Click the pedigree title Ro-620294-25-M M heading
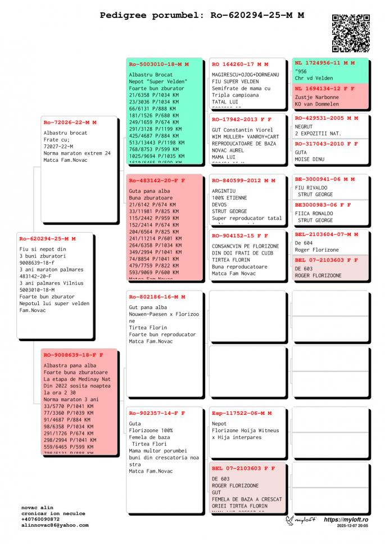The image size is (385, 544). (x=202, y=15)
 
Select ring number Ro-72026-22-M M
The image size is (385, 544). (x=70, y=122)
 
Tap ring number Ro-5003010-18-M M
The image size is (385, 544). (x=159, y=64)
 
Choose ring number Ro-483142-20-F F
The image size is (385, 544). (x=157, y=180)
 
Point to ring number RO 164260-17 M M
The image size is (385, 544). (x=240, y=64)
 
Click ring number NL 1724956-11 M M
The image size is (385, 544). (x=325, y=63)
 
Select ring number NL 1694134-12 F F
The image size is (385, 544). (x=325, y=88)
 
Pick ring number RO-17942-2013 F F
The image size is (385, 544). (x=242, y=119)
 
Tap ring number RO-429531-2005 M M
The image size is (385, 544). (x=327, y=118)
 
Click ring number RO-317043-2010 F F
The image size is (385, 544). (x=327, y=143)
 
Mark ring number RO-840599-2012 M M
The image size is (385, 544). (x=244, y=180)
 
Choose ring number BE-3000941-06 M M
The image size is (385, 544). (x=325, y=179)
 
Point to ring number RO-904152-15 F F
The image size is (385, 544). (x=240, y=235)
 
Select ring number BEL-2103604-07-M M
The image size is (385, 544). (x=327, y=234)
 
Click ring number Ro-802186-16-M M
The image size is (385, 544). (x=157, y=296)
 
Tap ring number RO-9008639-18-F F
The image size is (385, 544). (x=73, y=355)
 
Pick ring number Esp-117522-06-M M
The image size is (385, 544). (x=242, y=413)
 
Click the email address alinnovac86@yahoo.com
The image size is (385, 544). (x=55, y=525)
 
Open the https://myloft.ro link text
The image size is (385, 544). (x=346, y=520)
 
